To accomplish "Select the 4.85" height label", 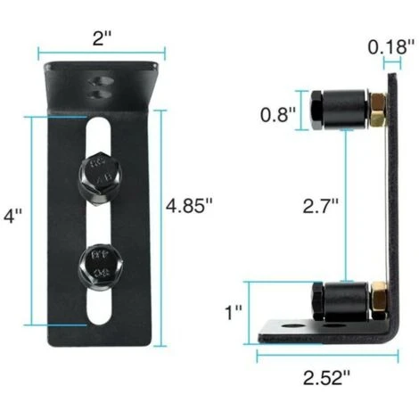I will (x=189, y=204).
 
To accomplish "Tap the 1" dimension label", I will (x=234, y=313).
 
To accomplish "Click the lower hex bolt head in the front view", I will (x=98, y=263).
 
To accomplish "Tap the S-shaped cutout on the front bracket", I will (x=98, y=86).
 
